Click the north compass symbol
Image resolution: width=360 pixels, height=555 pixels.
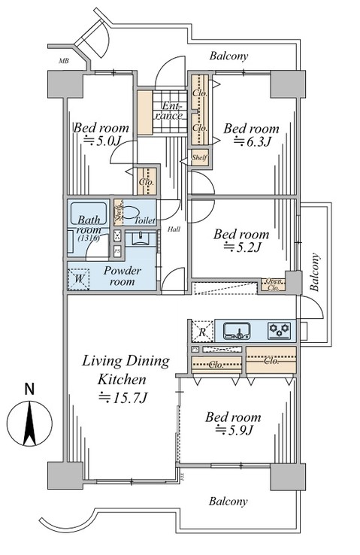pyautogui.click(x=29, y=425)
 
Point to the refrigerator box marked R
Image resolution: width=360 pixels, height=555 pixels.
pyautogui.click(x=201, y=331)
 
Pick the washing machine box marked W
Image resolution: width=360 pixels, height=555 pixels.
pyautogui.click(x=79, y=279)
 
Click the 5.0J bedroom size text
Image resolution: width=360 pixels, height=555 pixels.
pyautogui.click(x=101, y=141)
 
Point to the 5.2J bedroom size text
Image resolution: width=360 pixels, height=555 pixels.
pyautogui.click(x=242, y=246)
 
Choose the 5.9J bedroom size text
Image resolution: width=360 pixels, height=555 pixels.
pyautogui.click(x=234, y=429)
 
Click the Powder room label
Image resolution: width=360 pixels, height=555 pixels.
pyautogui.click(x=123, y=276)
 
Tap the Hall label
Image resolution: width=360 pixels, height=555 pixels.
pyautogui.click(x=174, y=229)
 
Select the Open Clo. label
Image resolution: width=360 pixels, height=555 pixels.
pyautogui.click(x=274, y=284)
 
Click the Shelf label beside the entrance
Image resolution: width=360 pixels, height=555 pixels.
pyautogui.click(x=199, y=157)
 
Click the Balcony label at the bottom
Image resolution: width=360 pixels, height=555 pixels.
pyautogui.click(x=229, y=501)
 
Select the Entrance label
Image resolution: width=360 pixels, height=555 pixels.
pyautogui.click(x=170, y=112)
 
